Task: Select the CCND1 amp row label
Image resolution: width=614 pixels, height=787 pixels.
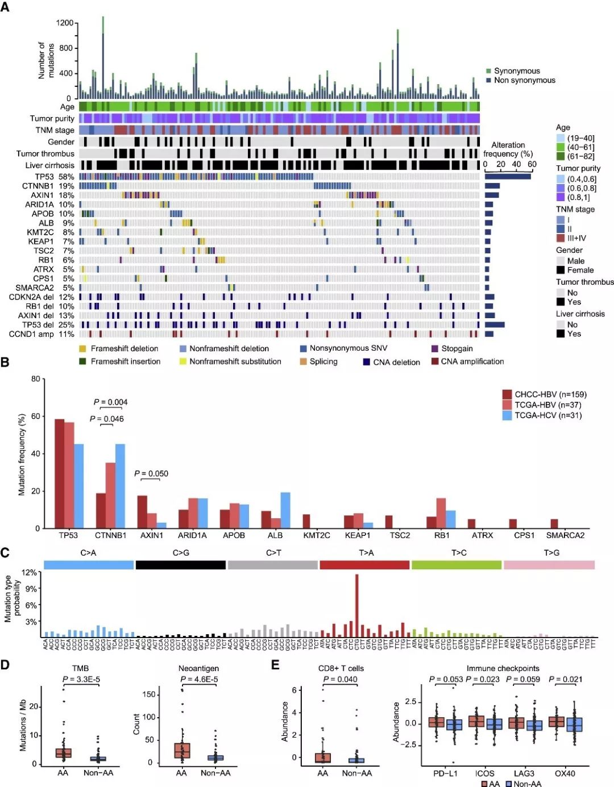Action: pos(41,334)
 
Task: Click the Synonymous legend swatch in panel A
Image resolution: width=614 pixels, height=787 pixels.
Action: pos(488,71)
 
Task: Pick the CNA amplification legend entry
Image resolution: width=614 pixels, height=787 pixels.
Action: pos(467,361)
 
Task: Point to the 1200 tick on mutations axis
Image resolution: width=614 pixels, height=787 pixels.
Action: pos(65,23)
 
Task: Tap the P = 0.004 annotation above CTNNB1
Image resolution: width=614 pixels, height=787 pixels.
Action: pos(110,402)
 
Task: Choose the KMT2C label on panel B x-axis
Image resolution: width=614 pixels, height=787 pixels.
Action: pos(317,535)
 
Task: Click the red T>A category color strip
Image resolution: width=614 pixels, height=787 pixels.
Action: pos(364,565)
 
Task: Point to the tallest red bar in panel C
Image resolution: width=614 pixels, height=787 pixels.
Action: pos(356,605)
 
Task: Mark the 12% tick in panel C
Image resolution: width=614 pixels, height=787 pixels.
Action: pos(30,572)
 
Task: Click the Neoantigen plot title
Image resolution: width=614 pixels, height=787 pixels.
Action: pos(198,668)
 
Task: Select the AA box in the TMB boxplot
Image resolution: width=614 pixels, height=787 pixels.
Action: pos(63,752)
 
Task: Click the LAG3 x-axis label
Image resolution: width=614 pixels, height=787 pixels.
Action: pos(524,773)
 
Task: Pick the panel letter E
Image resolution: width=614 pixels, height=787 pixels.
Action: pos(276,665)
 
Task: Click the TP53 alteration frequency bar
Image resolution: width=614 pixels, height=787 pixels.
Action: pos(508,177)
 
